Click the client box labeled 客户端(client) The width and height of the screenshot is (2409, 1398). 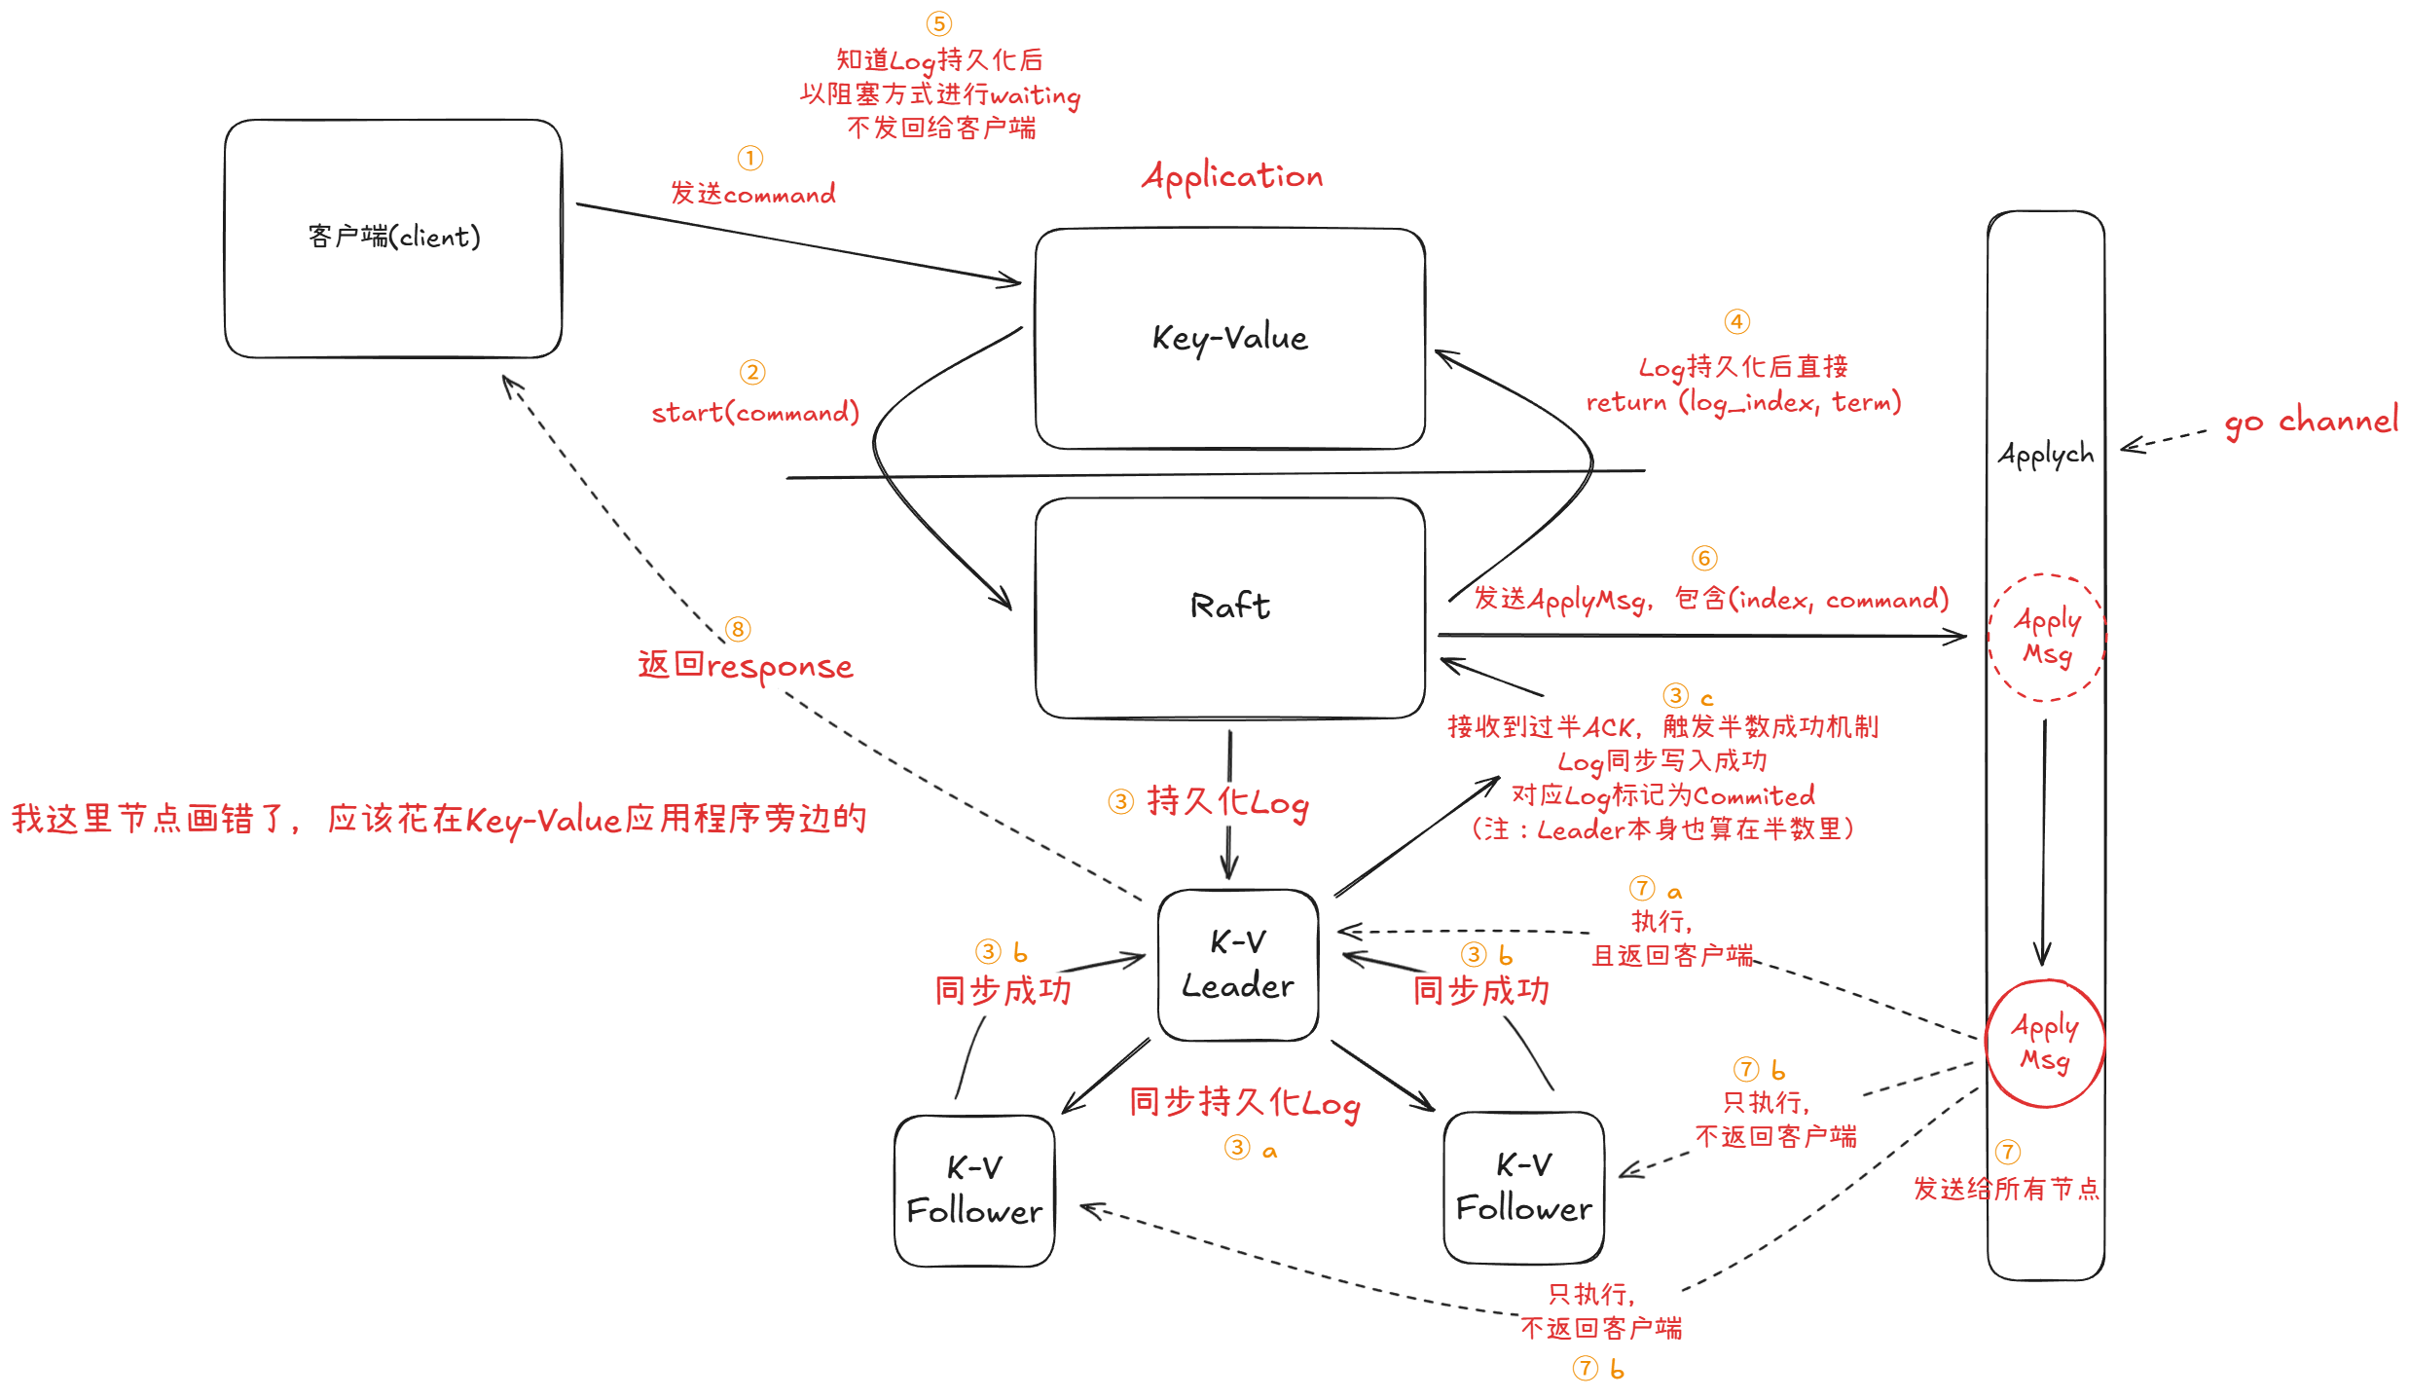pos(393,238)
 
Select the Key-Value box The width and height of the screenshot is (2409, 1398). pos(1229,338)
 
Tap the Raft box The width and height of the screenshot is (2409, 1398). pos(1229,607)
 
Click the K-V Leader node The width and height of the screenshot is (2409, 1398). pos(1237,964)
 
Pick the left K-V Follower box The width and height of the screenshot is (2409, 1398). pos(974,1190)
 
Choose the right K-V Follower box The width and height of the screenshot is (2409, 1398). pos(1523,1187)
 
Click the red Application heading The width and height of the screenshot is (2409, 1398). pos(1232,176)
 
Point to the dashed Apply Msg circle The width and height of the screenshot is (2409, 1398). pos(2047,637)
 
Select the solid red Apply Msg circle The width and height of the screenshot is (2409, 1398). pos(2045,1043)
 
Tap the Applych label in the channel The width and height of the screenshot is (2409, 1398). pos(2045,454)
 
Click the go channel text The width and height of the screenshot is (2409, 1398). pos(2310,421)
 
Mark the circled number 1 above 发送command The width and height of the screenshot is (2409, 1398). pos(749,158)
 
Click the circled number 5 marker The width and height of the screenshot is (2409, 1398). pos(938,23)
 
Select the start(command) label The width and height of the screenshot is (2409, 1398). pos(755,413)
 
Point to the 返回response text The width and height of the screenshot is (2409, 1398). pos(746,667)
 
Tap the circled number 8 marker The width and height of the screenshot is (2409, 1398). pos(738,629)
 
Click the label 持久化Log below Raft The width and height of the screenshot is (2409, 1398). pos(1227,802)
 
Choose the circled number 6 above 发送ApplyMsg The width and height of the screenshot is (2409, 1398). pos(1703,558)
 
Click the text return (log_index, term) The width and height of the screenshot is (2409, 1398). pos(1743,402)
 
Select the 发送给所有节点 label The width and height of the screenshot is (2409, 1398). pos(2005,1189)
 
